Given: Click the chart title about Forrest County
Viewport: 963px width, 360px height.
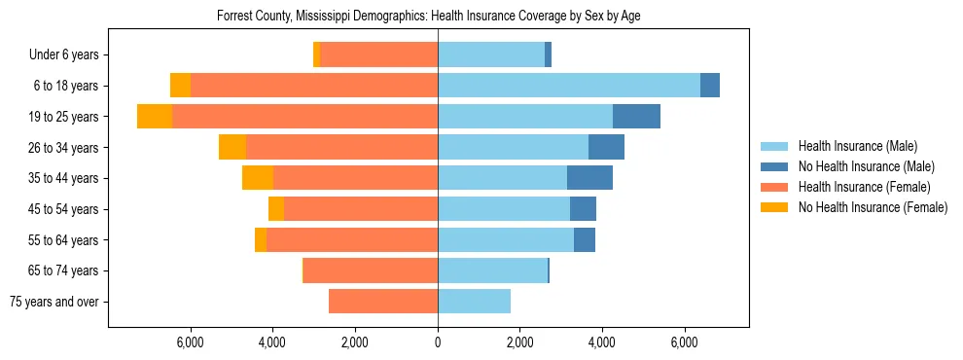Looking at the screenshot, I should [428, 16].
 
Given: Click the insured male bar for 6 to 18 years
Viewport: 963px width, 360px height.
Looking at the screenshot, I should [569, 86].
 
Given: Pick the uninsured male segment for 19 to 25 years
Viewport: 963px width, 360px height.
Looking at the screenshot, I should [636, 117].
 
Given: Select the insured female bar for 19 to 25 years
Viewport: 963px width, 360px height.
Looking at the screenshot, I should [304, 117].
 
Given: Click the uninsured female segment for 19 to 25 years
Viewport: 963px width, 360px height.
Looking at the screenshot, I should [155, 117].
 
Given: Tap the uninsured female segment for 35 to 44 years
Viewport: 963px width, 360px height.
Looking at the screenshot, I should [258, 178].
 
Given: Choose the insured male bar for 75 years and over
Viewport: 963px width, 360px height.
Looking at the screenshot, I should [474, 302].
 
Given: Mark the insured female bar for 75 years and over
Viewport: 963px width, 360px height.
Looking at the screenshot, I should [383, 302].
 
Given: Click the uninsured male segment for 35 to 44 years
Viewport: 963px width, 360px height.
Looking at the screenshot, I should [589, 178].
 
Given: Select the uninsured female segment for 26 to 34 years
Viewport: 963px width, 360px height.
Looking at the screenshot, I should [232, 147].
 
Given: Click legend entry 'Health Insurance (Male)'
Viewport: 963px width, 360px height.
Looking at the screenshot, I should [857, 146].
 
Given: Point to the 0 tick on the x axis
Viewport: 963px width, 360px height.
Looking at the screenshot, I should [438, 342].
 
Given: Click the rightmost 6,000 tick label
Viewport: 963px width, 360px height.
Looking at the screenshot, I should [685, 342].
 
